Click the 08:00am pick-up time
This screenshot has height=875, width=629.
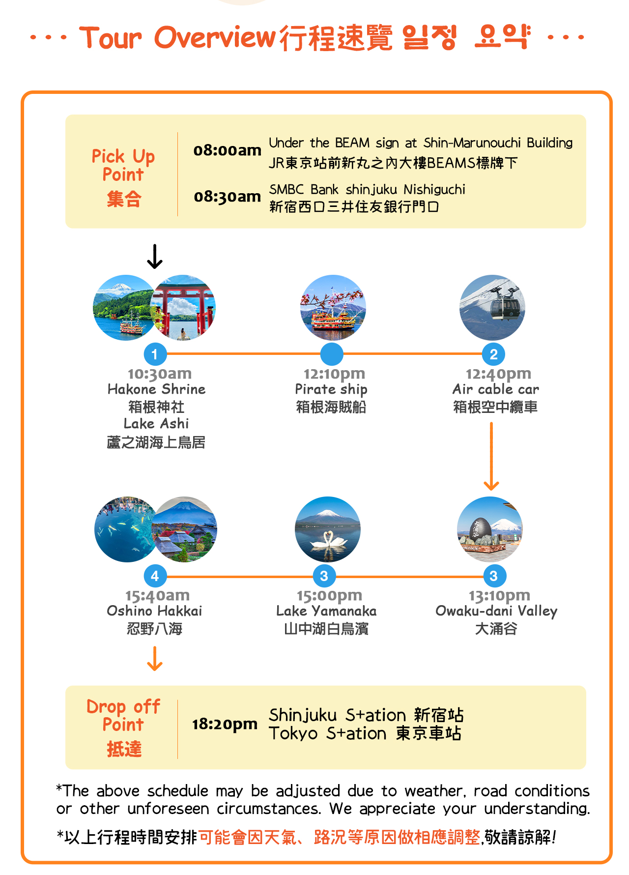(x=227, y=150)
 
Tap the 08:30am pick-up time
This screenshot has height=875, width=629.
(x=227, y=197)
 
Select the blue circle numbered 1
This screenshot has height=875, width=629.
(x=155, y=354)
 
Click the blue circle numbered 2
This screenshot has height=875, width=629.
(x=493, y=354)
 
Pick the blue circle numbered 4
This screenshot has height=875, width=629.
(x=155, y=576)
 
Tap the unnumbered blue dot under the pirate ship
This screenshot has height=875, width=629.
(x=332, y=354)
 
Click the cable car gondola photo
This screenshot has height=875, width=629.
(x=492, y=308)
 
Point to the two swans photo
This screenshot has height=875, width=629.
(x=328, y=529)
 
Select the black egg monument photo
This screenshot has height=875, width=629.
(x=490, y=529)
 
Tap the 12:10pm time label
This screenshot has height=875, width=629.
(x=334, y=374)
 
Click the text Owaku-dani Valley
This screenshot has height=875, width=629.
(x=496, y=611)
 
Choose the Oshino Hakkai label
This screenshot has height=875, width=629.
(x=154, y=611)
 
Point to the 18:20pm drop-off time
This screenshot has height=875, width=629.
(x=225, y=724)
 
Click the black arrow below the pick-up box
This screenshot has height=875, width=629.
(x=155, y=257)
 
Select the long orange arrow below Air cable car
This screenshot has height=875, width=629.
(x=491, y=456)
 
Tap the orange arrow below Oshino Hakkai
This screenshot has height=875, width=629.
(x=155, y=659)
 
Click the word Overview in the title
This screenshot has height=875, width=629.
(x=215, y=37)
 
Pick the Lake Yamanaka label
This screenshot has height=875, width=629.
(x=326, y=611)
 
